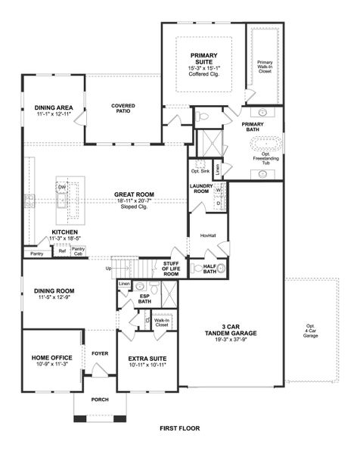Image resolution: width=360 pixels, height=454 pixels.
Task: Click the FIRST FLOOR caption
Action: click(180, 428)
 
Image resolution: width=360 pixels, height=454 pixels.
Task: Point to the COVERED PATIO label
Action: click(123, 108)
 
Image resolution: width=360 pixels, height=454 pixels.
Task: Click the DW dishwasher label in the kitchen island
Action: click(63, 185)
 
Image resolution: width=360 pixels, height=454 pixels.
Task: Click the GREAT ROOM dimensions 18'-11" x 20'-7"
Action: click(134, 201)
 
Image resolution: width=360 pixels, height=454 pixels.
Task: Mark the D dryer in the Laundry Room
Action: click(218, 203)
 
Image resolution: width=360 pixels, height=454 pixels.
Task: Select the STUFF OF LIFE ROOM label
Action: click(171, 269)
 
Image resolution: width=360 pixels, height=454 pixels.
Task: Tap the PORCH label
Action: click(100, 401)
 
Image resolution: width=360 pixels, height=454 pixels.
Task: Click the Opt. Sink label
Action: click(200, 172)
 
